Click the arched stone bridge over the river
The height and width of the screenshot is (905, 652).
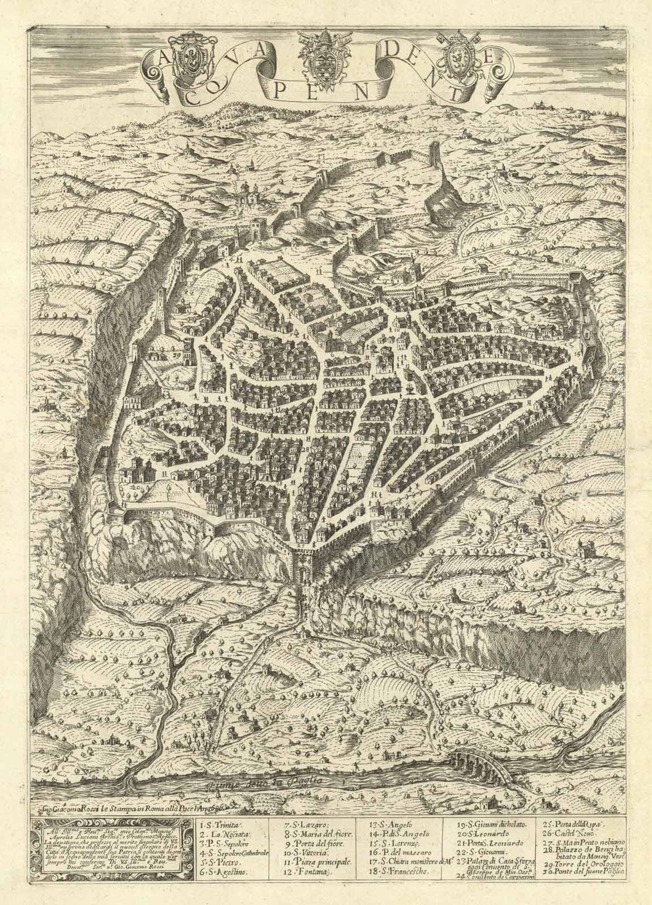point(482,765)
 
